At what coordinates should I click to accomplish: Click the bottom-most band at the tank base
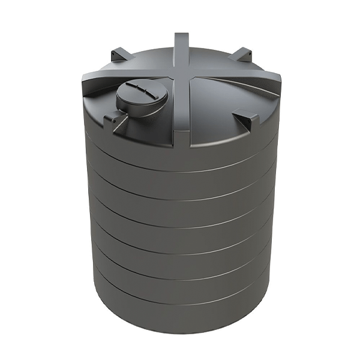click(180, 312)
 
